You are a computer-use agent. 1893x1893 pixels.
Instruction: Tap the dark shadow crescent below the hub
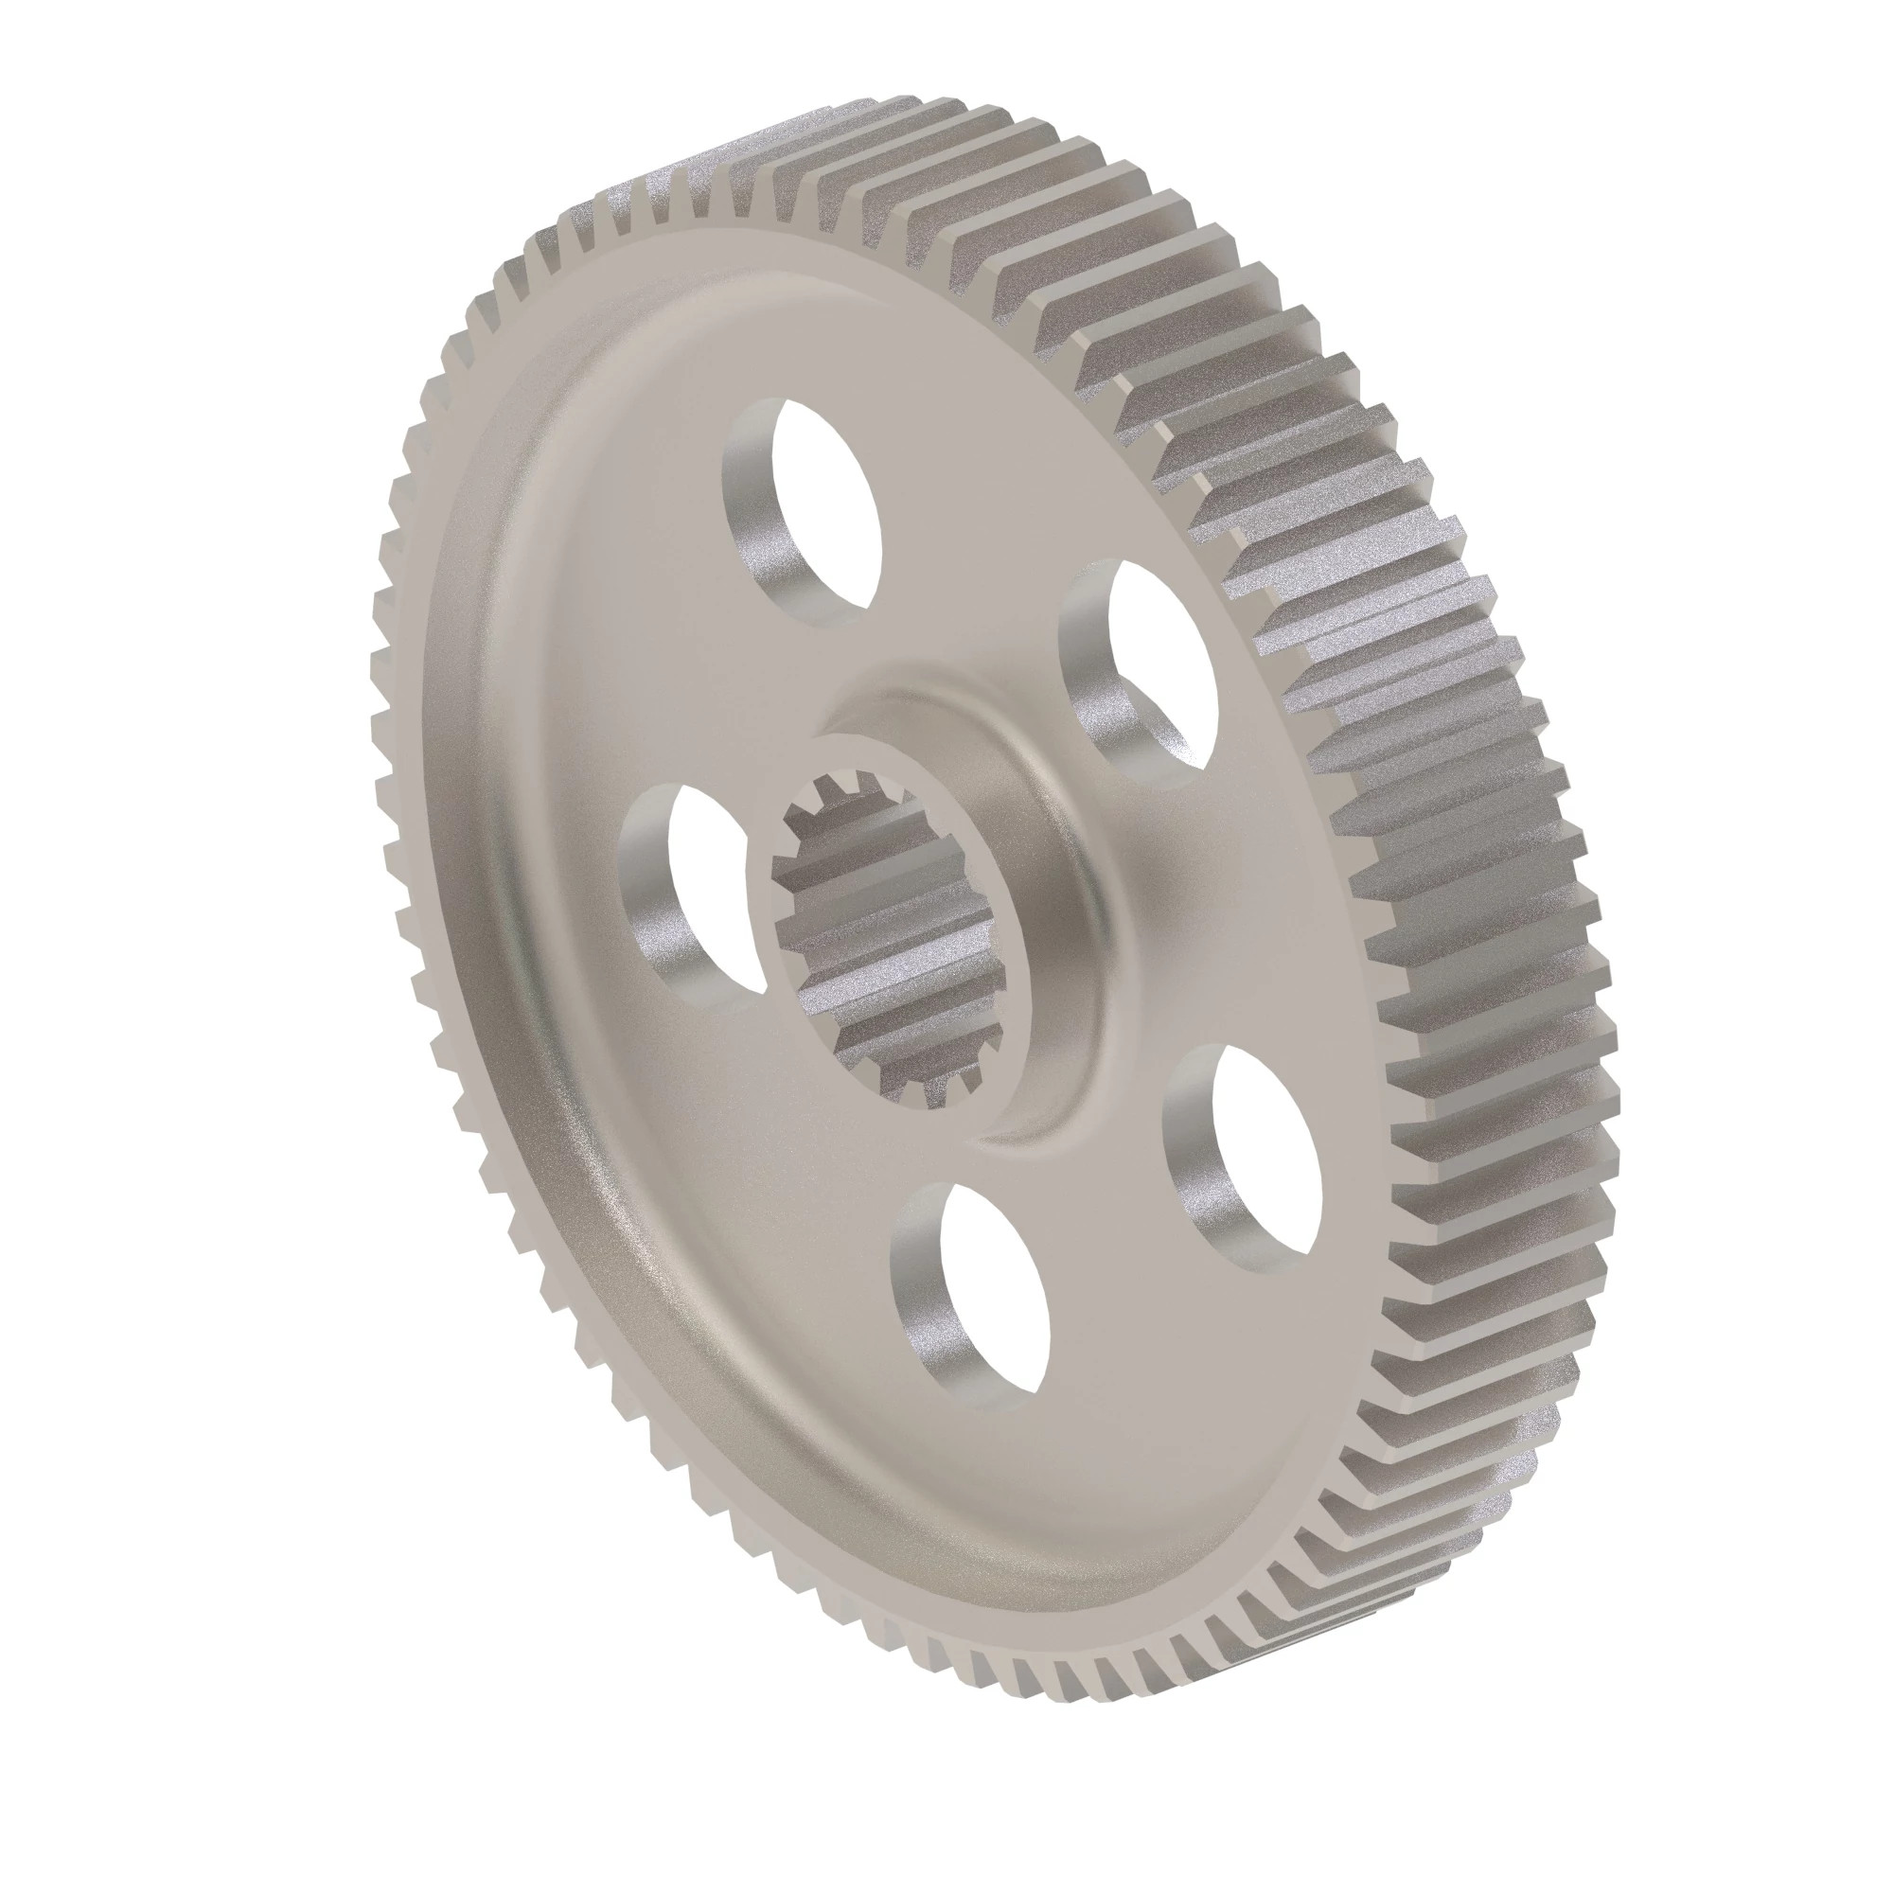(x=1038, y=1126)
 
